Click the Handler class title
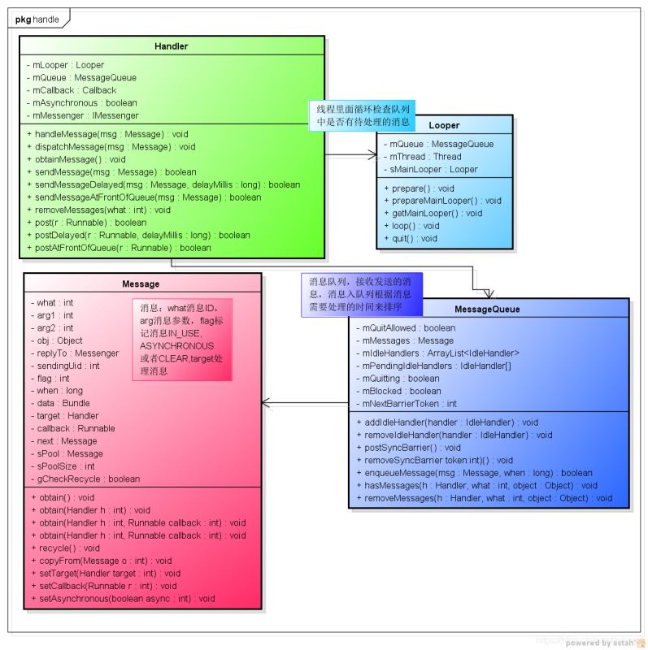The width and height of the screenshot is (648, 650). [x=172, y=46]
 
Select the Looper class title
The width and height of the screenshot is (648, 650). [x=444, y=125]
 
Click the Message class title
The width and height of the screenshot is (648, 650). [x=141, y=284]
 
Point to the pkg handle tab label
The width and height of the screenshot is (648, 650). [x=37, y=19]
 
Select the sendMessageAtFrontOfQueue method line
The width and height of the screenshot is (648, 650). [x=148, y=197]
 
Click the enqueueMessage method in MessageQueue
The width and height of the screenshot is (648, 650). [x=474, y=473]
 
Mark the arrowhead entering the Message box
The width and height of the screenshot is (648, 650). [x=266, y=403]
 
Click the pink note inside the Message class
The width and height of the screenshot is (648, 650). [x=182, y=340]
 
